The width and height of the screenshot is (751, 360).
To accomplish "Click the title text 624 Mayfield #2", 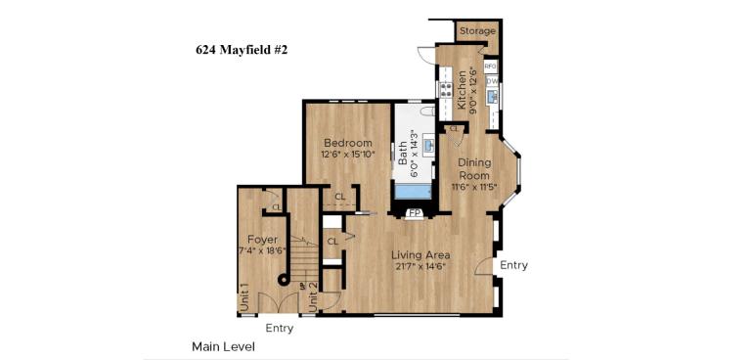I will (242, 48).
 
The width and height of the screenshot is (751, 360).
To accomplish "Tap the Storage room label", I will (477, 31).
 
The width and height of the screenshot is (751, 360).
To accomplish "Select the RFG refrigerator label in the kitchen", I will (491, 67).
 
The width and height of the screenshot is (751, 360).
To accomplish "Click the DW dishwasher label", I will (492, 81).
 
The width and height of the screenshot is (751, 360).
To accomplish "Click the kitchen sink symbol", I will (493, 96).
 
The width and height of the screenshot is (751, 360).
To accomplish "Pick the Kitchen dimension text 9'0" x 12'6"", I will (473, 90).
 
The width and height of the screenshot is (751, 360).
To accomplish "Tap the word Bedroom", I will (348, 143).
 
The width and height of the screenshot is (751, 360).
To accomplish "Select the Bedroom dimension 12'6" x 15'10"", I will (348, 155).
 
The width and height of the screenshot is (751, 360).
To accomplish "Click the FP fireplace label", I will (415, 212).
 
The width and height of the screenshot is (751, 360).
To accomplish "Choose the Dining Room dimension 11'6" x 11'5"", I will (474, 187).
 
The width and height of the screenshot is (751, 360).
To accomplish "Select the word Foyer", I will (262, 240).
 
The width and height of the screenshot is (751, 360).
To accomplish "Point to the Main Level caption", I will (223, 346).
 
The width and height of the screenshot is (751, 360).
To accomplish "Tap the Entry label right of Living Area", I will (513, 265).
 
